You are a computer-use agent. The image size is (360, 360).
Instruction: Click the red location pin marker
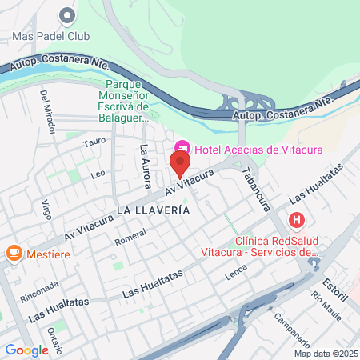click(180, 165)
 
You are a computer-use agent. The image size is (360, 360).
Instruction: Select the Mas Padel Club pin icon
click(66, 14)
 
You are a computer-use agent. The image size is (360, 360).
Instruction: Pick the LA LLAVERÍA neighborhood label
click(153, 210)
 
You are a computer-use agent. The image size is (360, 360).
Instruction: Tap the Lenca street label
click(236, 272)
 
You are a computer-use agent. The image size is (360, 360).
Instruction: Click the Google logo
click(26, 350)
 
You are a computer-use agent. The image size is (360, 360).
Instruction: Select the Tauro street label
click(94, 142)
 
